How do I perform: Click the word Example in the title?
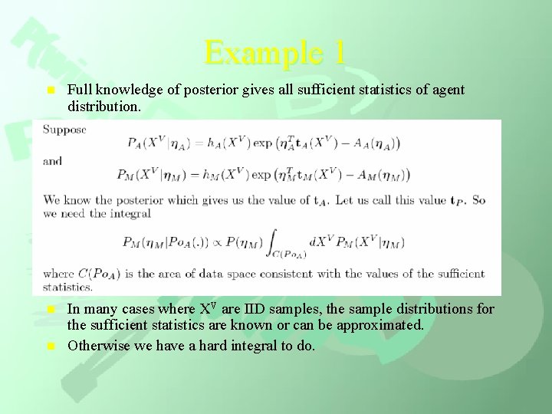[x=255, y=53]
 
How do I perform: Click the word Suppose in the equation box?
[x=64, y=130]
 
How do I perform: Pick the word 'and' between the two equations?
[x=52, y=162]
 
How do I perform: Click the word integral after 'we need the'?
[x=130, y=214]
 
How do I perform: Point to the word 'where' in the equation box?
[x=58, y=274]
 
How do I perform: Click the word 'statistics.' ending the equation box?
[x=67, y=287]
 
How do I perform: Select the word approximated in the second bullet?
[x=380, y=324]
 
